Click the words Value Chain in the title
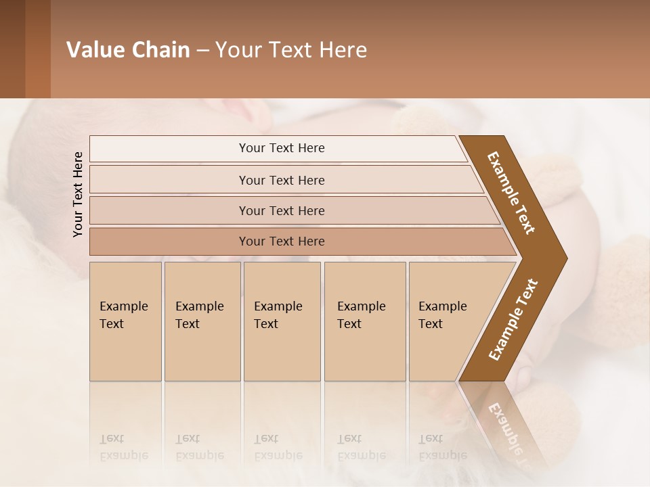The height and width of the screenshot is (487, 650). (x=128, y=50)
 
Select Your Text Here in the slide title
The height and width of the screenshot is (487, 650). (x=291, y=50)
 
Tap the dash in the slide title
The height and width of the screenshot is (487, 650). (x=202, y=51)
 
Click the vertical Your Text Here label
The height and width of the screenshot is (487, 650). (x=78, y=194)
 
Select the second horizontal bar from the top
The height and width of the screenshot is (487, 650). (x=282, y=180)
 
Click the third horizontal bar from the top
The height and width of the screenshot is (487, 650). (x=282, y=210)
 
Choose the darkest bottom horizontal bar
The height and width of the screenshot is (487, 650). (x=282, y=241)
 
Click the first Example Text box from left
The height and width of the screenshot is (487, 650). (x=125, y=321)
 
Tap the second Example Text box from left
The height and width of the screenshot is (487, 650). (x=202, y=321)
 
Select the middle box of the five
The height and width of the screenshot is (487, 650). (x=282, y=321)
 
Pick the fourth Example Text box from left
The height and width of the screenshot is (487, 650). (x=364, y=321)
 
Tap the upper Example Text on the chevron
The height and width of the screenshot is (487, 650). (x=511, y=193)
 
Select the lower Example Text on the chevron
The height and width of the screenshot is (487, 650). (x=513, y=319)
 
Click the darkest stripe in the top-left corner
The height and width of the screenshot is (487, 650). (x=12, y=49)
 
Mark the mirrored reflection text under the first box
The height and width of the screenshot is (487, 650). (x=124, y=447)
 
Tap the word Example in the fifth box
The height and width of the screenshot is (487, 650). (x=443, y=306)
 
